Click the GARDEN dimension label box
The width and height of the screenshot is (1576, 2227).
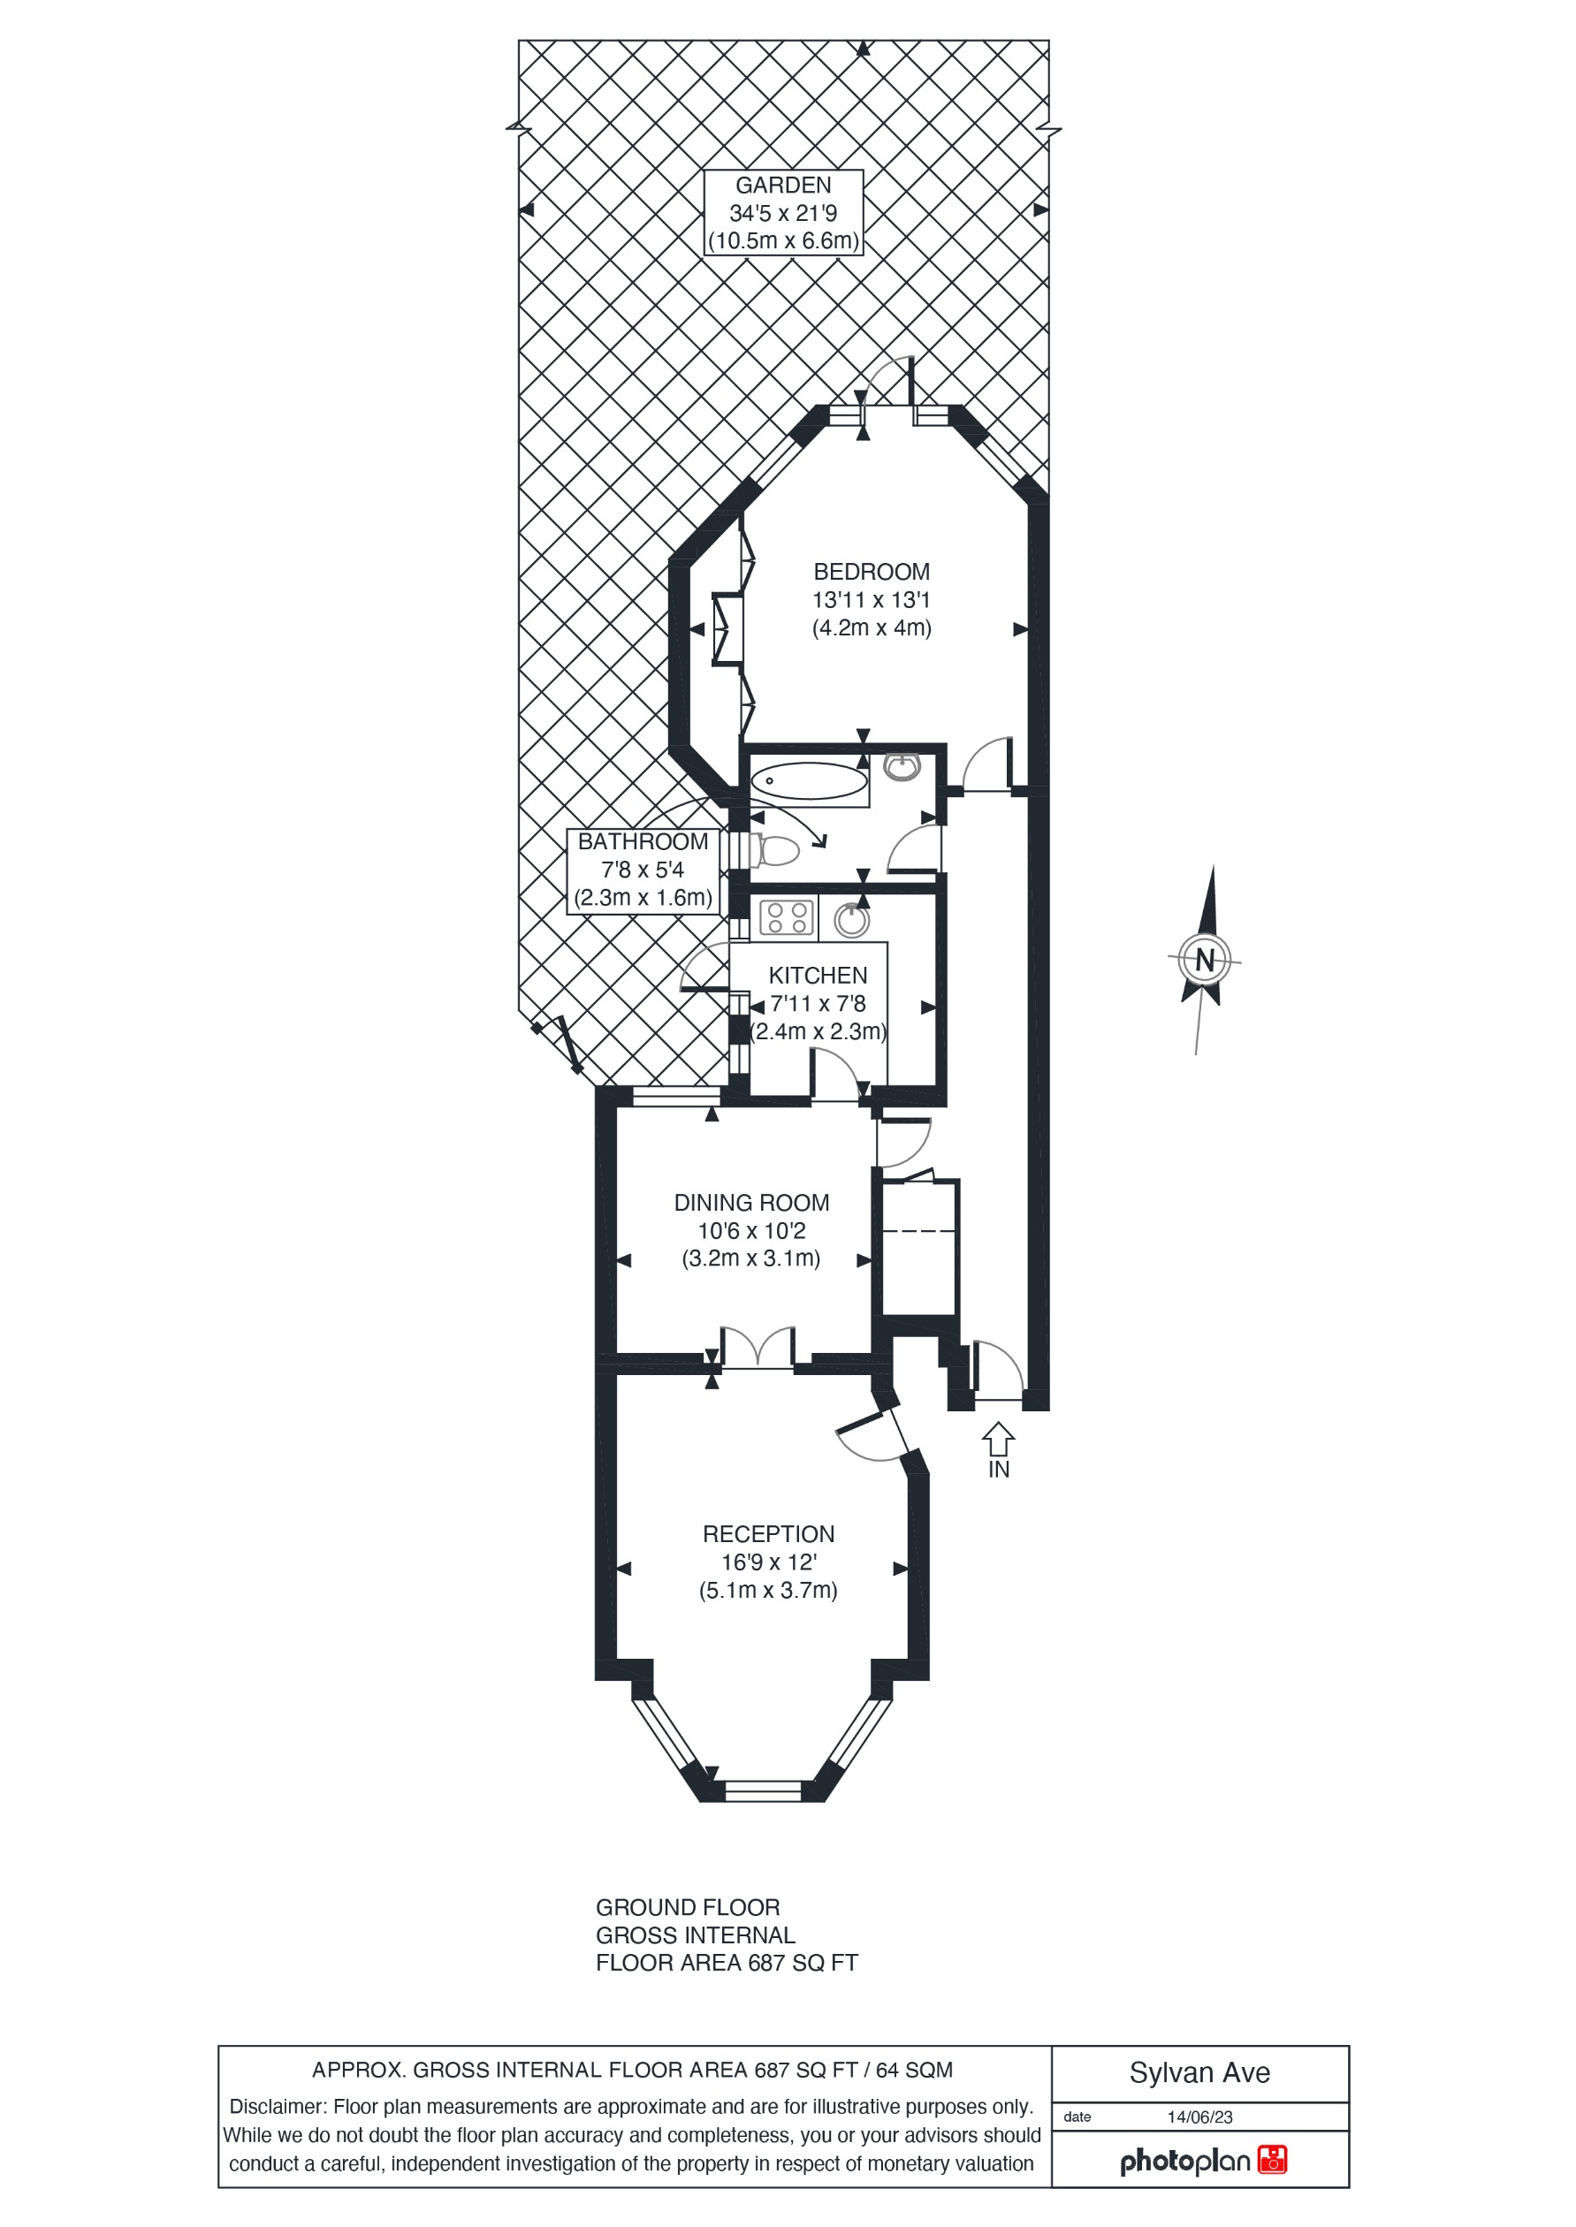tap(782, 212)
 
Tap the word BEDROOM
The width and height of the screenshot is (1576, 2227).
tap(871, 572)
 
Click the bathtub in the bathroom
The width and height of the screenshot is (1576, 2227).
tap(810, 780)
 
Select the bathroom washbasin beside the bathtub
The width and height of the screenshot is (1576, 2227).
tap(902, 766)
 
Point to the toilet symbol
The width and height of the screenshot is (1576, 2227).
tap(777, 851)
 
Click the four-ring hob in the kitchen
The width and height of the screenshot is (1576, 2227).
tap(786, 917)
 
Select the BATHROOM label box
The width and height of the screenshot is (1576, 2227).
tap(643, 870)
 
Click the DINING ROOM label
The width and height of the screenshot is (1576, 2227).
tap(751, 1202)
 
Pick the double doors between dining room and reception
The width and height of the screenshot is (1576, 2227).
tap(758, 1349)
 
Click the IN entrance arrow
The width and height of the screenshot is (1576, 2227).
tap(998, 1438)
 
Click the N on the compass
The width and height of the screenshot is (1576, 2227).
tap(1205, 960)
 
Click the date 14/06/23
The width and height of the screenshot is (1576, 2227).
tap(1199, 2117)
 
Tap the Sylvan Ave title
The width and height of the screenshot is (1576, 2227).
tap(1199, 2072)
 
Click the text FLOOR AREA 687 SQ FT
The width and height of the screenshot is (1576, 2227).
tap(726, 1963)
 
